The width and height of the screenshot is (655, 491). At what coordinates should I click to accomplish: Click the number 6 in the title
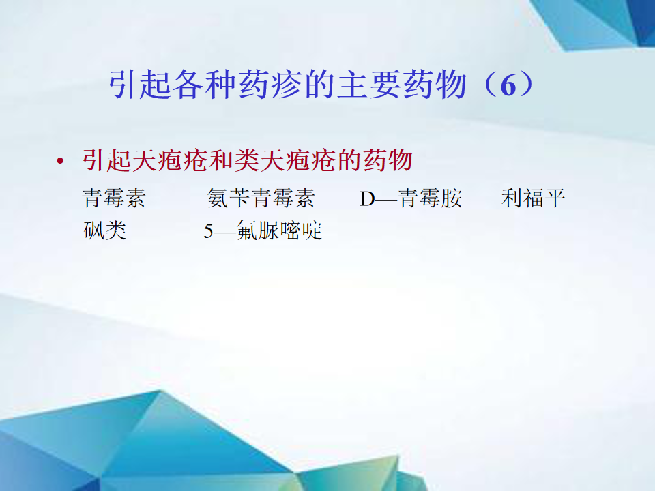[x=508, y=86]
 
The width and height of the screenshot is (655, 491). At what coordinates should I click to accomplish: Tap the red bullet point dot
[x=61, y=161]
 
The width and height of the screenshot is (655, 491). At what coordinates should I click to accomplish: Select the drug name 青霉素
[x=114, y=198]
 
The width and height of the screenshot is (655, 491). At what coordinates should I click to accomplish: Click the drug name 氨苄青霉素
[x=261, y=198]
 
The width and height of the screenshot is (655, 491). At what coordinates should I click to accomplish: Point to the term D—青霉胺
[x=411, y=198]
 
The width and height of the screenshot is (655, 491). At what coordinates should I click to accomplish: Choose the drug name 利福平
[x=533, y=198]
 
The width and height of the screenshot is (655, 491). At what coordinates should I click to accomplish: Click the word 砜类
[x=105, y=230]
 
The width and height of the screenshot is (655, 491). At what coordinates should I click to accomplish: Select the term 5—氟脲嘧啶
[x=263, y=230]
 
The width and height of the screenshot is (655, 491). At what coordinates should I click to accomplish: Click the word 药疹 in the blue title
[x=271, y=85]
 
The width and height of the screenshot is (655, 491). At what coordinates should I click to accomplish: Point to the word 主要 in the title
[x=369, y=85]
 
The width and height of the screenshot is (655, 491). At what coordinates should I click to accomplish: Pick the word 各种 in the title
[x=205, y=85]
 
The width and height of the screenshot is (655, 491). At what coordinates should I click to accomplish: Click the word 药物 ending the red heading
[x=388, y=160]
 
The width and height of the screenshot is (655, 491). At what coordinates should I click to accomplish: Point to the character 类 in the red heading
[x=246, y=160]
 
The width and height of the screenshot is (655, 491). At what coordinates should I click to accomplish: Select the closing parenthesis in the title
[x=526, y=85]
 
